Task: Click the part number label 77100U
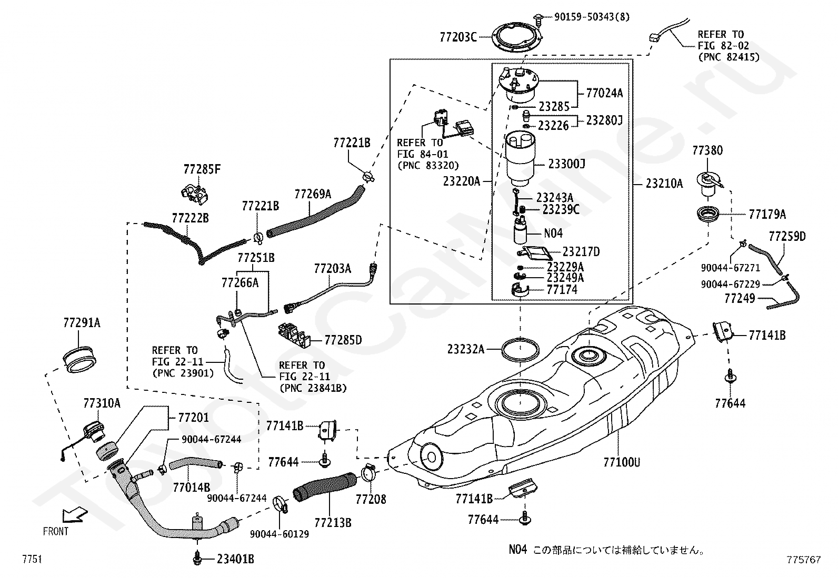point(621,462)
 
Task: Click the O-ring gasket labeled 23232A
point(520,349)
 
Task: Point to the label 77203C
point(458,37)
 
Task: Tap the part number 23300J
point(566,164)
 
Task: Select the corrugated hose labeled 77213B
point(325,486)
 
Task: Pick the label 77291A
point(82,322)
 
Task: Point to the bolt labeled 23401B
point(197,559)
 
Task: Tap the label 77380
point(707,150)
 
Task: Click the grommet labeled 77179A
point(708,215)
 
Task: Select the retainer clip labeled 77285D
point(294,334)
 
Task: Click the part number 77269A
point(313,194)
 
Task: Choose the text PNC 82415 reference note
point(729,57)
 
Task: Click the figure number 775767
point(804,559)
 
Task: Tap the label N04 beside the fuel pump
point(553,234)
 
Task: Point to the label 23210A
point(664,184)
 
